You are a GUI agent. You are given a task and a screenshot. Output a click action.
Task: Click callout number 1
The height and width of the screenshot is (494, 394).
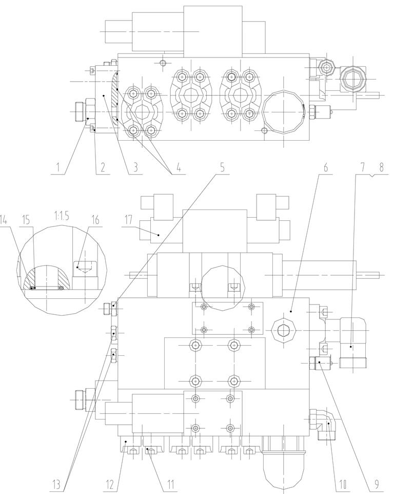point(58,167)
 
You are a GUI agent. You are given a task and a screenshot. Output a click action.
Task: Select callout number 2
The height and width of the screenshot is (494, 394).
point(103,167)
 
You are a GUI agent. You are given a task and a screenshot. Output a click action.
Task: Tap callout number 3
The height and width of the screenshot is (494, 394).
point(135,167)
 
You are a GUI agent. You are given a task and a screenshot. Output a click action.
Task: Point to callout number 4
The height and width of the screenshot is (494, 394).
point(179,167)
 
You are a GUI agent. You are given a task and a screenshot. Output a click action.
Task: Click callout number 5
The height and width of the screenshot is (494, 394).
point(223,167)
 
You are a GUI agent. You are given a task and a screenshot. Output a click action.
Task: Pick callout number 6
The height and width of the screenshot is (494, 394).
point(326,167)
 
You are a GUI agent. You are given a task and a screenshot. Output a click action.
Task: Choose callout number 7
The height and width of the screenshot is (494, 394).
point(363,167)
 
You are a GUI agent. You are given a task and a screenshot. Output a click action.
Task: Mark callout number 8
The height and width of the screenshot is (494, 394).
point(381,167)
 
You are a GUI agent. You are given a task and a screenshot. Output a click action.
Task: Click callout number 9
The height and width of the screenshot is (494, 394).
point(377,484)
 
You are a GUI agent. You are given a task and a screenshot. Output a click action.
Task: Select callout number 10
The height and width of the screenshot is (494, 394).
point(342,484)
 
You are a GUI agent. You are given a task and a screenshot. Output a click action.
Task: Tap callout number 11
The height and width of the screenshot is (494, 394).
point(170,484)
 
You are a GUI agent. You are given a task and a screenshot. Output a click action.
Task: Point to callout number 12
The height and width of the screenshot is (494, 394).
point(109,484)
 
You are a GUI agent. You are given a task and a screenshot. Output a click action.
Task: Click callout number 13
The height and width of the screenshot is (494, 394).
point(56,484)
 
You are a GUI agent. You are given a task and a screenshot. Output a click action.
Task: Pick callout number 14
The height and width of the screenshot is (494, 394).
point(3,220)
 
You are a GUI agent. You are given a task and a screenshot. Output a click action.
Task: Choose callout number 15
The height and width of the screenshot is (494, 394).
point(26,220)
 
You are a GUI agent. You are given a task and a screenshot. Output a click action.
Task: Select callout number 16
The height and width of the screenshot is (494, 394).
point(94,220)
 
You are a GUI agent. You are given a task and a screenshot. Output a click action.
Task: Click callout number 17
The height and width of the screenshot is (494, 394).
point(128,220)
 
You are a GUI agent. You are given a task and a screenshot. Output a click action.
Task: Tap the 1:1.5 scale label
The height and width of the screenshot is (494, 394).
point(62,216)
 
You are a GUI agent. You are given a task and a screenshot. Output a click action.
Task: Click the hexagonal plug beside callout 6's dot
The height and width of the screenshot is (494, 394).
point(284,330)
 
